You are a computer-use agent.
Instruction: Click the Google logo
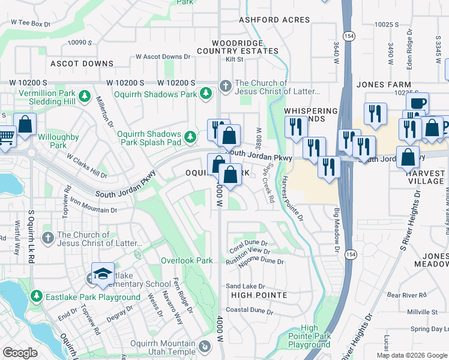(20, 353)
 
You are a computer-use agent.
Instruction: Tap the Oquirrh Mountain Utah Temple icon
(205, 346)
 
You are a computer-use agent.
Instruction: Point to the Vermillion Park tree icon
(85, 97)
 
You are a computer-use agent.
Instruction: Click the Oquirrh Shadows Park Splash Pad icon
(190, 137)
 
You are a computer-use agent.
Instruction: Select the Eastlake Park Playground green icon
(37, 297)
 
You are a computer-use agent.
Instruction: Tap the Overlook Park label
(187, 261)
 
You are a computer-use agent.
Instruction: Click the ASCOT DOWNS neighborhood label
(82, 64)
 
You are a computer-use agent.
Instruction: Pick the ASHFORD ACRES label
(274, 20)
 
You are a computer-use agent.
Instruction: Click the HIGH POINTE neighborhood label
(259, 295)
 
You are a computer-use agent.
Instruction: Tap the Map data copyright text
(412, 355)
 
